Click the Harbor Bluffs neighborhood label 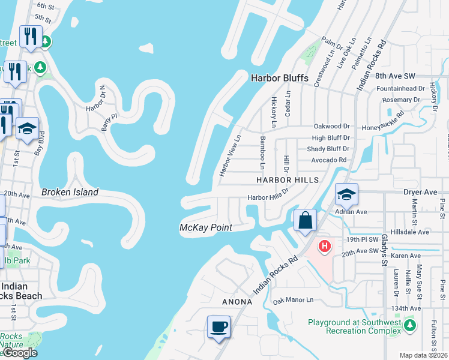tap(279, 78)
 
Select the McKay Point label tap(205, 227)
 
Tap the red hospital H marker tap(325, 246)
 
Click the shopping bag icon tap(305, 220)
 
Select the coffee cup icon tap(219, 328)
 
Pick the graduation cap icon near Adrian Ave tap(346, 194)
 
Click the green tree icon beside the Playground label tap(409, 325)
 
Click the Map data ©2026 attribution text tap(424, 355)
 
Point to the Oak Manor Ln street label tap(294, 300)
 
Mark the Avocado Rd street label tap(329, 160)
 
